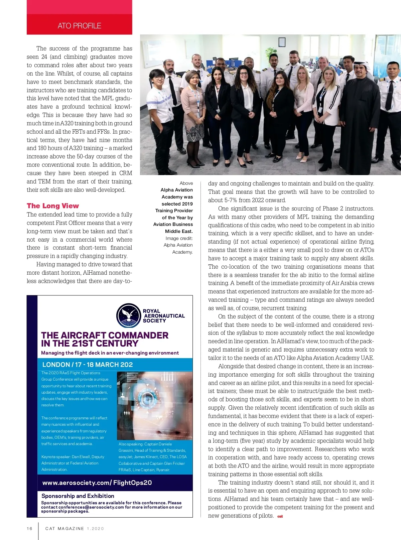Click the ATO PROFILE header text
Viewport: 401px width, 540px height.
click(x=79, y=26)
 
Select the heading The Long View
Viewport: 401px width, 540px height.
click(x=53, y=206)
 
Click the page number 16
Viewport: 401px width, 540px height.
click(x=30, y=529)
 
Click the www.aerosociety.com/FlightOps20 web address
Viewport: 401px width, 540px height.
click(x=97, y=483)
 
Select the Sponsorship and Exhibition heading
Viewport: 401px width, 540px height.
click(x=78, y=496)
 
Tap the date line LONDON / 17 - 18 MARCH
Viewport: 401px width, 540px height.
click(x=88, y=365)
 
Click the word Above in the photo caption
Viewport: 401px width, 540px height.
click(x=186, y=183)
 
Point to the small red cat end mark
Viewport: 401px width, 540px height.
click(x=280, y=516)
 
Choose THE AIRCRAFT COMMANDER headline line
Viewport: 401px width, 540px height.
click(x=105, y=335)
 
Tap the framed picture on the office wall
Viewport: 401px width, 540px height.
click(x=282, y=42)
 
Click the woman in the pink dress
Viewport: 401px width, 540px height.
click(x=193, y=110)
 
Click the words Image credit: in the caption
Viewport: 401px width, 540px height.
click(x=179, y=238)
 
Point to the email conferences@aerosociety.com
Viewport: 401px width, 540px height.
click(x=91, y=507)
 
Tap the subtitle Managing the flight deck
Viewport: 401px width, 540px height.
click(x=110, y=353)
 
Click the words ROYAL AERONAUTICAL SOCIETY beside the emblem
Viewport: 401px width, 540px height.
click(x=163, y=316)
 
